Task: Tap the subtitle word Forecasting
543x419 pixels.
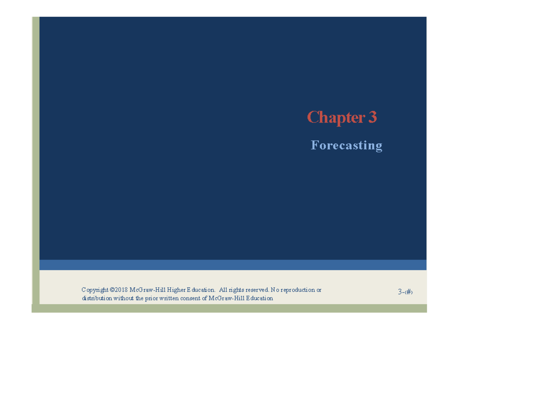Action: click(x=346, y=146)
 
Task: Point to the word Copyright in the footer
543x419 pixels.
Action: click(x=95, y=290)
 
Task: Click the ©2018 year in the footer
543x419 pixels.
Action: click(x=119, y=290)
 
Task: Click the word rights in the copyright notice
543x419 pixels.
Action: click(x=238, y=290)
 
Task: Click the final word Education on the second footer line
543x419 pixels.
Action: click(x=258, y=298)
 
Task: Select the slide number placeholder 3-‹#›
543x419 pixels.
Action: click(x=405, y=292)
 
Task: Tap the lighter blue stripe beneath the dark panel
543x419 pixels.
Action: click(x=233, y=265)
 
